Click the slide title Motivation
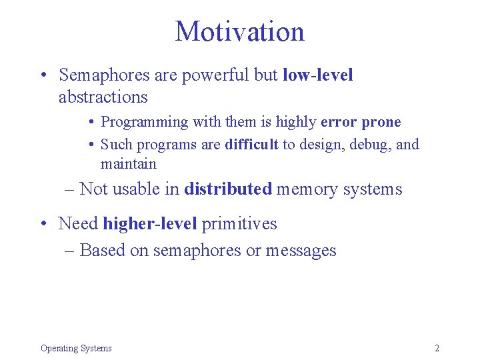click(239, 31)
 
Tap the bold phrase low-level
click(318, 75)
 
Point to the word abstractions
click(103, 97)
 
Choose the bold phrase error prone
click(361, 122)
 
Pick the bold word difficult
click(251, 144)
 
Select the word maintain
click(128, 163)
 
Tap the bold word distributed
click(228, 189)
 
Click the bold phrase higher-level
click(150, 223)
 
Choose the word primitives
click(239, 223)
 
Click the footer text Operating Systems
click(76, 348)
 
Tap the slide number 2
click(437, 348)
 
